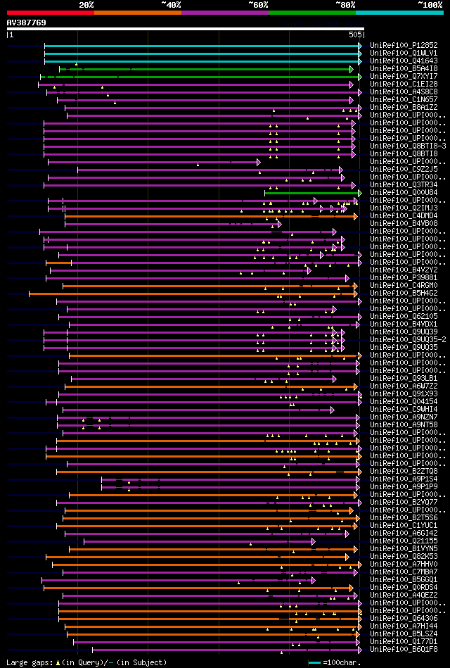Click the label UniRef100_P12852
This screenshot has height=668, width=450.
[x=403, y=45]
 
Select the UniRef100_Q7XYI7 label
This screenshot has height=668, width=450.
[x=403, y=76]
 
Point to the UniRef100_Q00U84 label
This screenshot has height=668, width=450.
[x=403, y=192]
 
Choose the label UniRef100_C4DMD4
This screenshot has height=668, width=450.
[x=403, y=215]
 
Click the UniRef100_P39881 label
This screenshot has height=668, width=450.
[x=403, y=277]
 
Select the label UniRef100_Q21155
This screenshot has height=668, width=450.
[x=403, y=541]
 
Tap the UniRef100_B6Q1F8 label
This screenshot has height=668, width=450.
[x=403, y=649]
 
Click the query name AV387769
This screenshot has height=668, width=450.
[x=27, y=23]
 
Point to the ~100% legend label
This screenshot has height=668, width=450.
[x=429, y=5]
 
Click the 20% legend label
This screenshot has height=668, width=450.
[x=86, y=5]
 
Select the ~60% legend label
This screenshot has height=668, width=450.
[x=258, y=5]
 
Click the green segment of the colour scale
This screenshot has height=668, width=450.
[x=311, y=13]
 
